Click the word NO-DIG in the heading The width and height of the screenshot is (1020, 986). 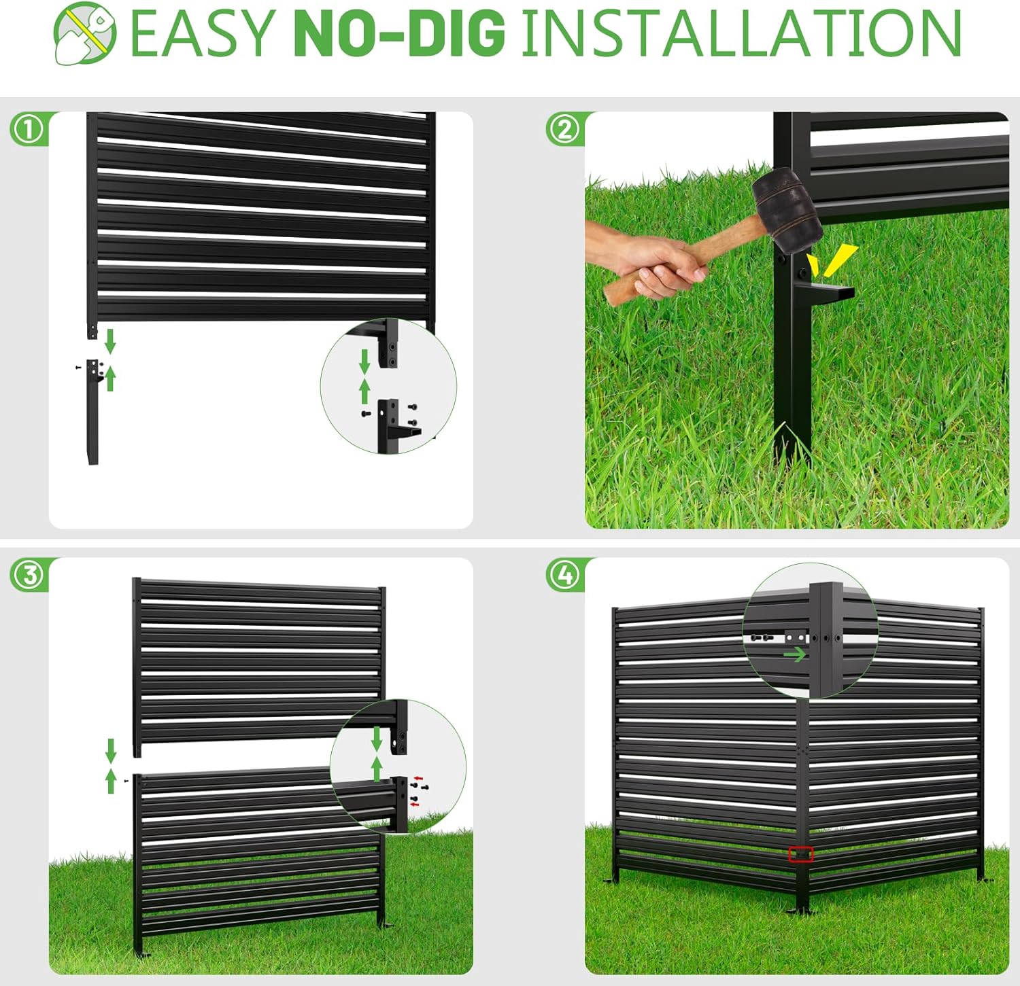(400, 33)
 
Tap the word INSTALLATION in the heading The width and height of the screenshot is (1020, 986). (741, 33)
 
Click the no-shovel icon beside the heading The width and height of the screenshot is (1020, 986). (84, 33)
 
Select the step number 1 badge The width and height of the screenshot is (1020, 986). (28, 129)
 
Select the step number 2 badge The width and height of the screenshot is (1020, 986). (564, 129)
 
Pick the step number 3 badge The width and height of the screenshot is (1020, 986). (28, 575)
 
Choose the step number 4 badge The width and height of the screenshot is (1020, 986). (564, 575)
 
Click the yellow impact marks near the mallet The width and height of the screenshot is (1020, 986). (832, 262)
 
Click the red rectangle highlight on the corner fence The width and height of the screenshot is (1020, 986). (800, 853)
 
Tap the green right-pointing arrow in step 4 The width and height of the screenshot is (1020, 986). (794, 654)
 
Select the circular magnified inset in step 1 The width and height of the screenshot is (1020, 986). (388, 385)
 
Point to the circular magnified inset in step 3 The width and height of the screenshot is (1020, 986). (398, 767)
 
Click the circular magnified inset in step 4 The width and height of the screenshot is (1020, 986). (810, 631)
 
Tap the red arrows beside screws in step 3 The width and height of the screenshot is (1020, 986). (417, 790)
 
